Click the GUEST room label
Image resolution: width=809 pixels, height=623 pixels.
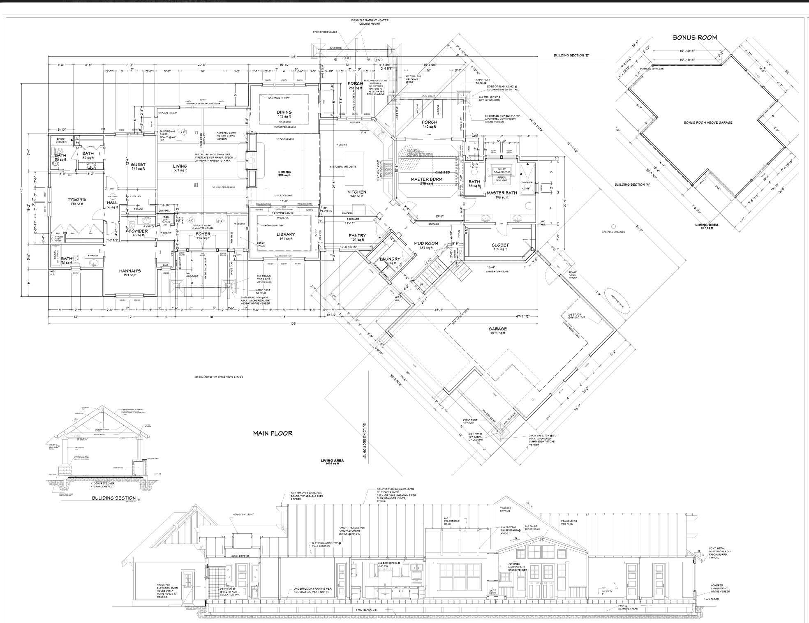click(x=138, y=164)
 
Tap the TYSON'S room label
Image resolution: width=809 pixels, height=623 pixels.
click(x=76, y=200)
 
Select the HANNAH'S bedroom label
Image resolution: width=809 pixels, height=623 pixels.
click(x=130, y=271)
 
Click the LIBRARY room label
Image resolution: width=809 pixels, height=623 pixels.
click(x=285, y=235)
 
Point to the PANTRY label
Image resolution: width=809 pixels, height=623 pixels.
click(x=357, y=235)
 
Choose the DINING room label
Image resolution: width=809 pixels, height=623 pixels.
click(x=284, y=112)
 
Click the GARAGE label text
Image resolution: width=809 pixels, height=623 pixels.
click(x=497, y=329)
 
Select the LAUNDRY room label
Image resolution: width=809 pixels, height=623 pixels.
click(x=390, y=259)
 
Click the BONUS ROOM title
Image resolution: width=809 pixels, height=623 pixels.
click(x=695, y=37)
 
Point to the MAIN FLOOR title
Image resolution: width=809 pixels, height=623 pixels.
click(x=273, y=433)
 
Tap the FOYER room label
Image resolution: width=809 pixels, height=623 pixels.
click(x=203, y=234)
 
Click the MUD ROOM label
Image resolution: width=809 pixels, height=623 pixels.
click(x=426, y=243)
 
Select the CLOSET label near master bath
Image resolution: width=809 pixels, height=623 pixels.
click(x=500, y=245)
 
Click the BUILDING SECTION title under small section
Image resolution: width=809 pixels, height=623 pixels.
click(x=114, y=498)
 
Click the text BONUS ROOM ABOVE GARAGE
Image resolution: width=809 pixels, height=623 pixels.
click(x=708, y=122)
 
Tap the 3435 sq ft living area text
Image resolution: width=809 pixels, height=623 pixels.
click(x=332, y=463)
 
